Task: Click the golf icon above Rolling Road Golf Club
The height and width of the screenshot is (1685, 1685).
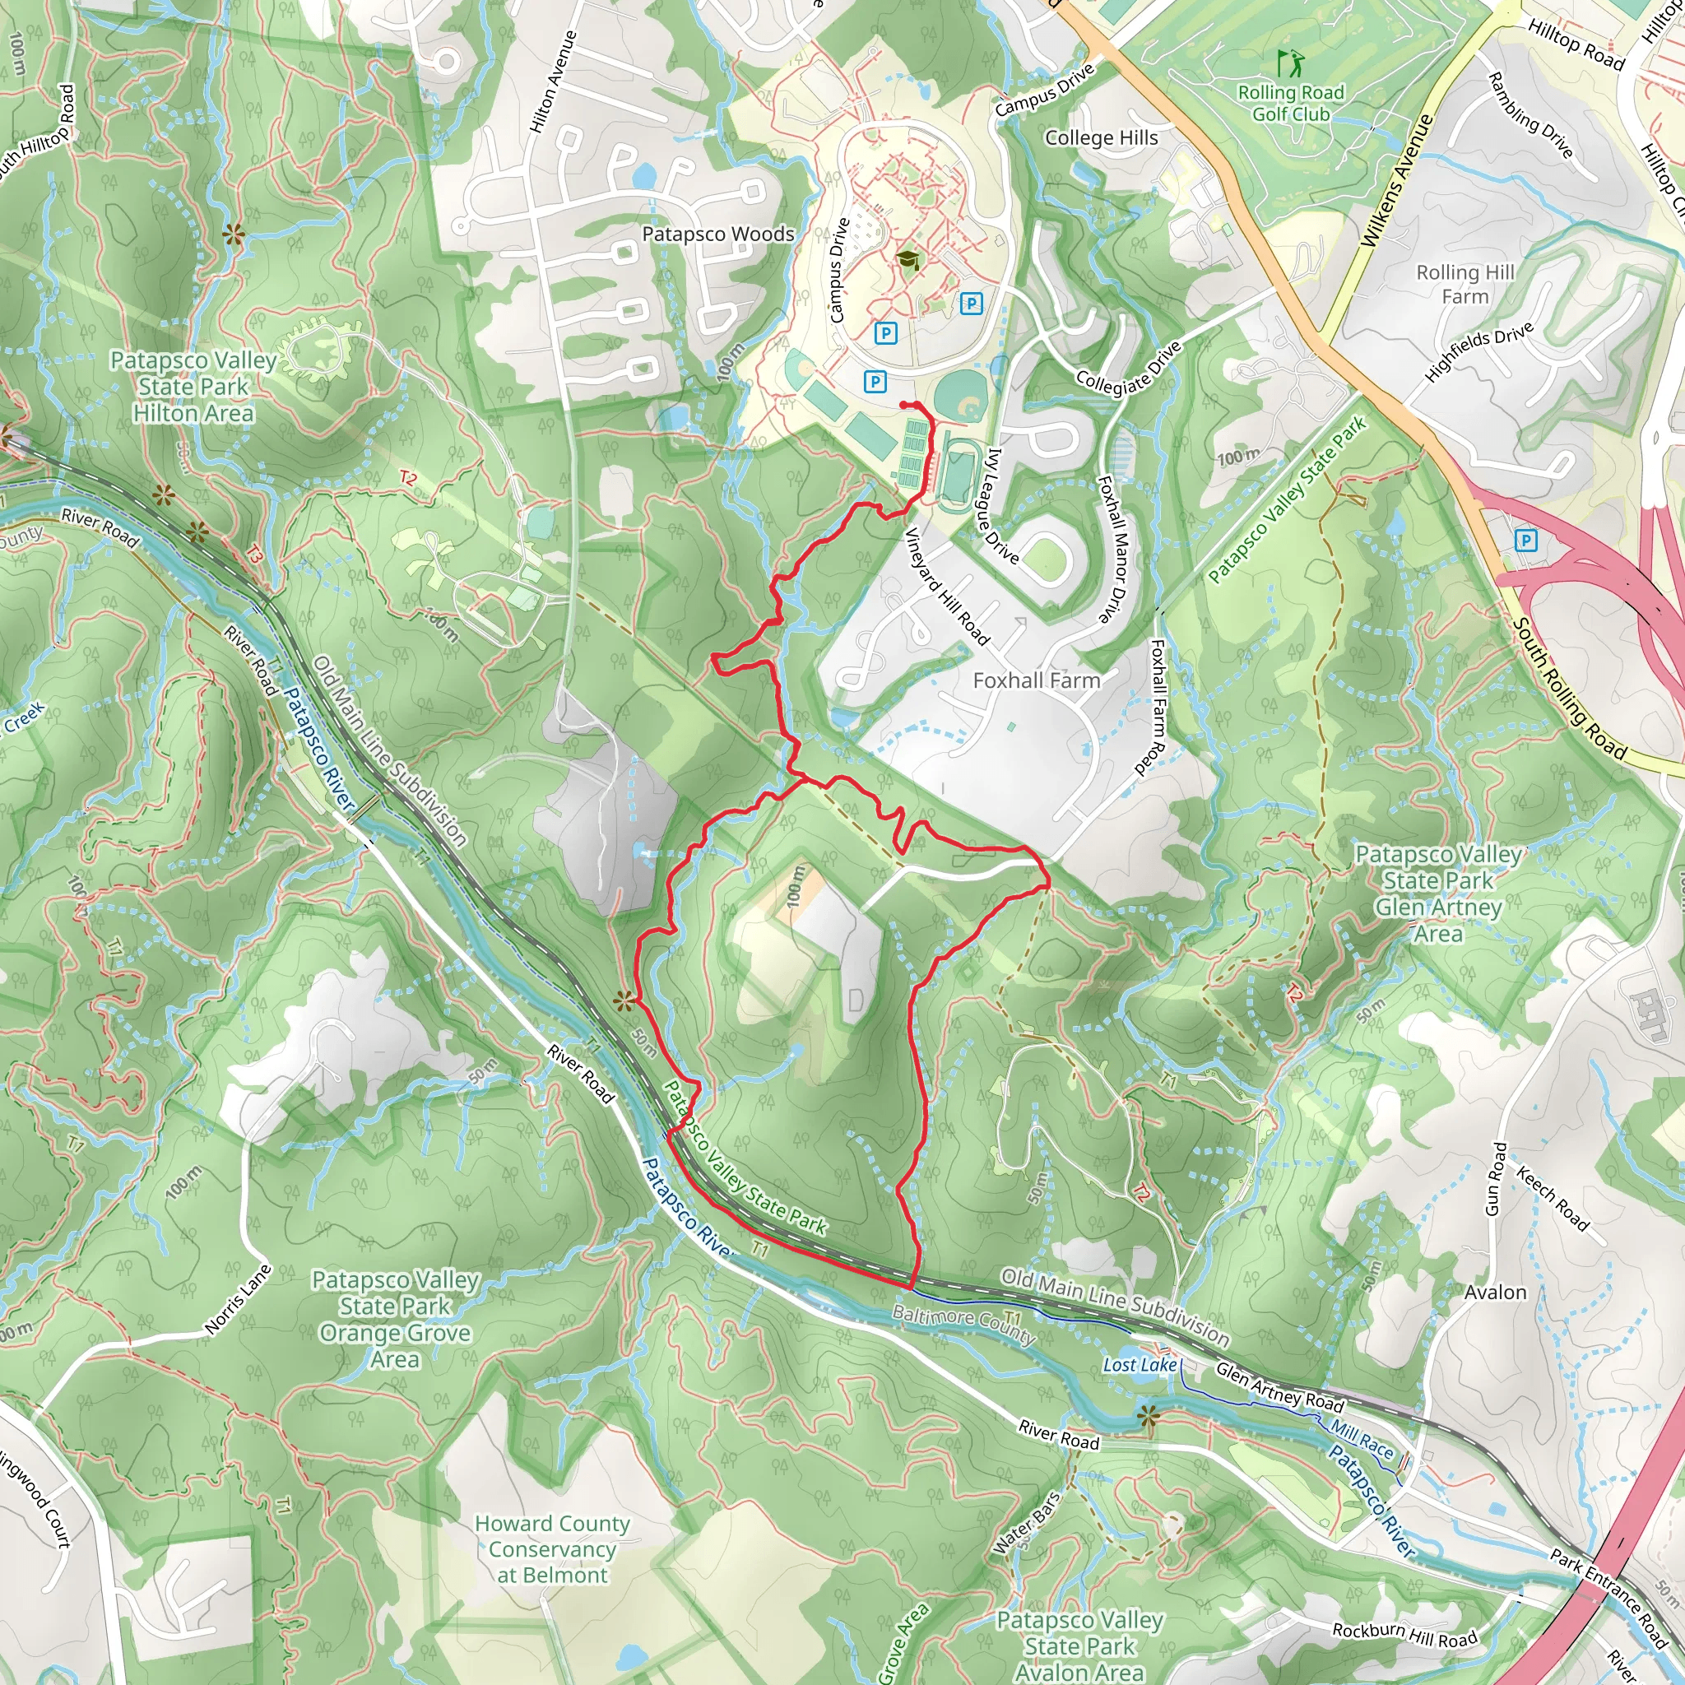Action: tap(1290, 63)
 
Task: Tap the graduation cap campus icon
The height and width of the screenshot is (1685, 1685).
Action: tap(908, 260)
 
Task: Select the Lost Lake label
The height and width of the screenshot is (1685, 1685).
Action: tap(1139, 1365)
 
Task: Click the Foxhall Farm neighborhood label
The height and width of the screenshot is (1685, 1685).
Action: tap(1036, 680)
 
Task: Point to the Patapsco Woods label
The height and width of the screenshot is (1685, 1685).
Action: tap(717, 234)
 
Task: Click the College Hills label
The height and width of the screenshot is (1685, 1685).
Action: tap(1101, 137)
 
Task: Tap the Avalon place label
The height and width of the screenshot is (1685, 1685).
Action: tap(1495, 1293)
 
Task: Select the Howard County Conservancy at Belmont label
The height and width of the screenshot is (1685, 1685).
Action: tap(552, 1549)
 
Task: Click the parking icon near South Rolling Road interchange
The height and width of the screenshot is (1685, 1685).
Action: tap(1525, 541)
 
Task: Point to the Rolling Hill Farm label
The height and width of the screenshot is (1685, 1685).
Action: tap(1465, 285)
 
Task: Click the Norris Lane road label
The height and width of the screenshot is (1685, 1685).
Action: tap(238, 1299)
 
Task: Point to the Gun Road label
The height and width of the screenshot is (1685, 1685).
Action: tap(1495, 1179)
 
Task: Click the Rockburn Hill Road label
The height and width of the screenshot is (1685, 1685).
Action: tap(1404, 1633)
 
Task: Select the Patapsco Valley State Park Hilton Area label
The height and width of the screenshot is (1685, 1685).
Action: tap(193, 387)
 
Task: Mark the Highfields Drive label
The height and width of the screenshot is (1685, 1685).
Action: tap(1479, 352)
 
